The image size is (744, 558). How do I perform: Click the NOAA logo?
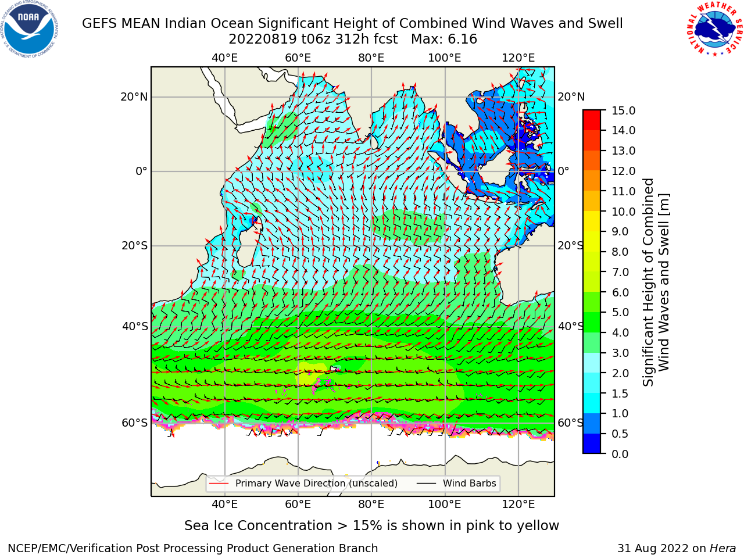pos(29,29)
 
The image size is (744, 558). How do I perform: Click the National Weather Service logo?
pos(714,28)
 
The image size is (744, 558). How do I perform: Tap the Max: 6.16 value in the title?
pos(444,40)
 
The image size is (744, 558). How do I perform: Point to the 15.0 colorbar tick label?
pos(623,111)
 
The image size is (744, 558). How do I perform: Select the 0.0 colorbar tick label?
pos(620,454)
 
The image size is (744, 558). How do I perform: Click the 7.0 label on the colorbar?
pos(620,272)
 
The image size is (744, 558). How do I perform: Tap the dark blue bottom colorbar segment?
pos(592,443)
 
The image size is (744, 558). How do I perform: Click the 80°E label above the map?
pos(371,58)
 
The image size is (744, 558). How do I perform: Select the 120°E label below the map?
pos(518,505)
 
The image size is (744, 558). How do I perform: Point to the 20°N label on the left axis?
pos(134,97)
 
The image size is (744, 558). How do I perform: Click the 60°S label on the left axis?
pos(135,423)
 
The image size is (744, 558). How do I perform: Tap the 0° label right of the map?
pos(564,171)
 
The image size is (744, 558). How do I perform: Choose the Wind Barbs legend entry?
pos(456,484)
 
